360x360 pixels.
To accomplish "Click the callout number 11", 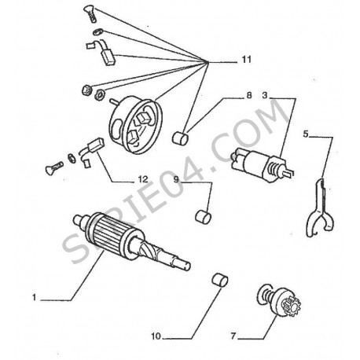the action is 246,60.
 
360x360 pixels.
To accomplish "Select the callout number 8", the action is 248,95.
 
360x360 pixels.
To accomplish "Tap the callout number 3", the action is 265,95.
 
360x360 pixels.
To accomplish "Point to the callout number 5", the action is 306,134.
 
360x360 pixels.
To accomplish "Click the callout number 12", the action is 143,179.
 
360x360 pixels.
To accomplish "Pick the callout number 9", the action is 176,179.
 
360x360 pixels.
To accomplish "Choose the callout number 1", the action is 34,298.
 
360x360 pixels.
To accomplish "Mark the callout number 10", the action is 156,336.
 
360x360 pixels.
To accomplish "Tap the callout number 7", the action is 233,336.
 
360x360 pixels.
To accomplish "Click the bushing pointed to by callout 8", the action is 180,138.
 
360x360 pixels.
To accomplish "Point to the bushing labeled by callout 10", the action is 220,280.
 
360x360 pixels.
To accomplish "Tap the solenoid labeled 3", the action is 262,164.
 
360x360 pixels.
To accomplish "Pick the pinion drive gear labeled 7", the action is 280,300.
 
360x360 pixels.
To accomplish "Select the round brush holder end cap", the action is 136,125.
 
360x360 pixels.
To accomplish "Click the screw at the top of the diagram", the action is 90,14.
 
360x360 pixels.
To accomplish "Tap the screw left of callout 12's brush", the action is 54,167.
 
